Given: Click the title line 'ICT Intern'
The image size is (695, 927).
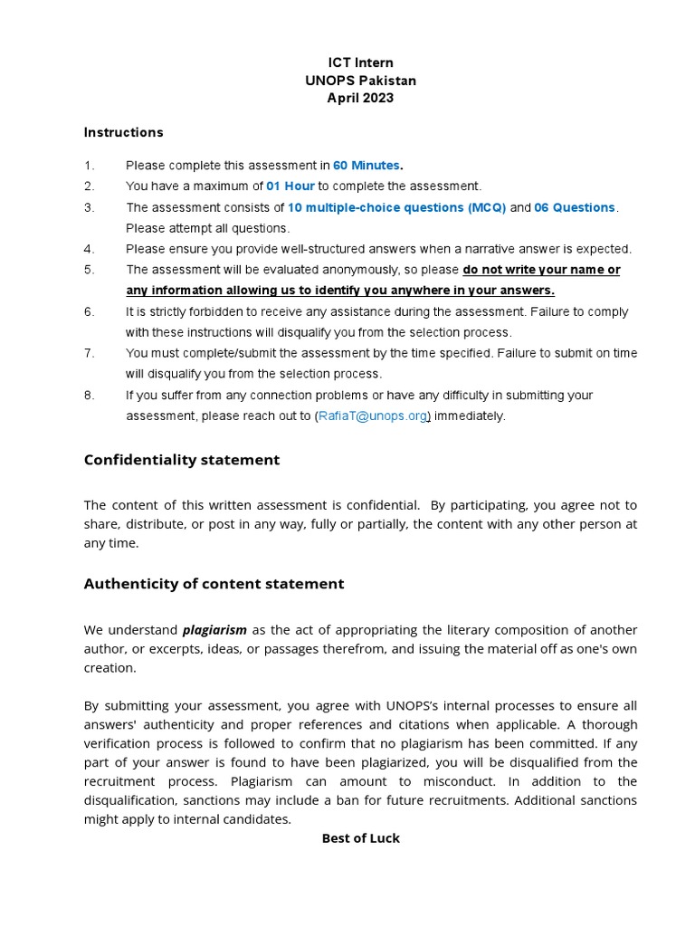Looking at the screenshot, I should click(x=360, y=63).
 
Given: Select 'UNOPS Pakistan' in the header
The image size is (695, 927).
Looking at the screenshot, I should click(x=360, y=81).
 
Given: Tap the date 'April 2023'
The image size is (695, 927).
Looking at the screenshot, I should click(x=360, y=98).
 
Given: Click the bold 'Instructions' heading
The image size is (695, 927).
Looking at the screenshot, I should click(x=124, y=132).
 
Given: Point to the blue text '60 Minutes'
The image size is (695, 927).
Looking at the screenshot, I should click(x=367, y=166).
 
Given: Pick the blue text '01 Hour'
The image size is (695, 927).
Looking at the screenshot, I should click(x=290, y=186).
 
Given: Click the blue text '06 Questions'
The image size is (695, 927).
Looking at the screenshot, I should click(x=575, y=207).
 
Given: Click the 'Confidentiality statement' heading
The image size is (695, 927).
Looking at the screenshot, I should click(x=182, y=460).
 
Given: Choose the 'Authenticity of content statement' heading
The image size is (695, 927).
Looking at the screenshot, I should click(x=214, y=584).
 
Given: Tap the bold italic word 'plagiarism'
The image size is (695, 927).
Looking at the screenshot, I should click(x=214, y=630).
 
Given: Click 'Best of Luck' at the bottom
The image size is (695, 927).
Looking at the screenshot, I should click(x=360, y=838).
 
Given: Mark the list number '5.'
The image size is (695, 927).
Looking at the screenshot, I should click(x=89, y=270).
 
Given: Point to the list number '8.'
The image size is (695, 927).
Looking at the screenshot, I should click(x=89, y=396).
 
